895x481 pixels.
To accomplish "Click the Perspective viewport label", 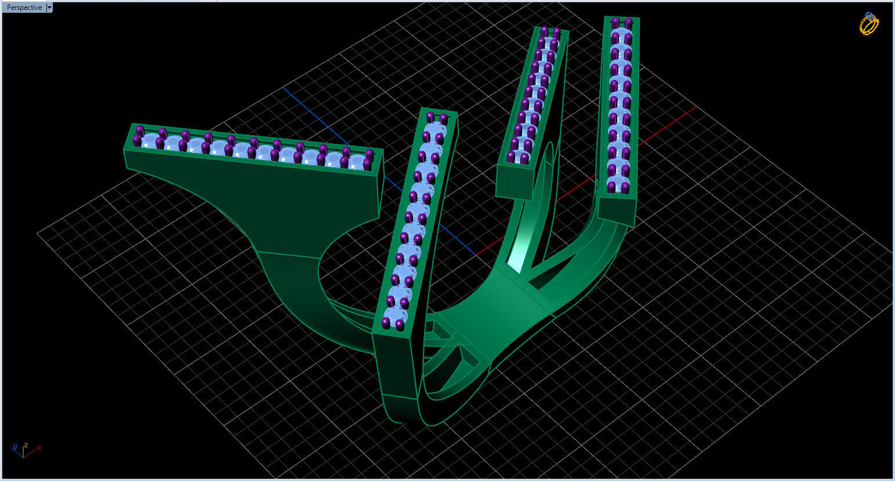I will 24,8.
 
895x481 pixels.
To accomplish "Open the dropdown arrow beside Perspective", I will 49,8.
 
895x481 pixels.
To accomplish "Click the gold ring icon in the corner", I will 869,24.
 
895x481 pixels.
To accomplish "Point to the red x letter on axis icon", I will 39,448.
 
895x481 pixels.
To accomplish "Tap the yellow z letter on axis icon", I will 26,446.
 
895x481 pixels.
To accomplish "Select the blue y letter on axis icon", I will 13,447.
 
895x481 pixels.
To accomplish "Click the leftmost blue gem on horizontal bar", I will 151,141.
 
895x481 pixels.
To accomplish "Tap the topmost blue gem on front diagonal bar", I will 436,129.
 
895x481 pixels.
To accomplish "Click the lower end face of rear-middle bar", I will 514,183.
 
